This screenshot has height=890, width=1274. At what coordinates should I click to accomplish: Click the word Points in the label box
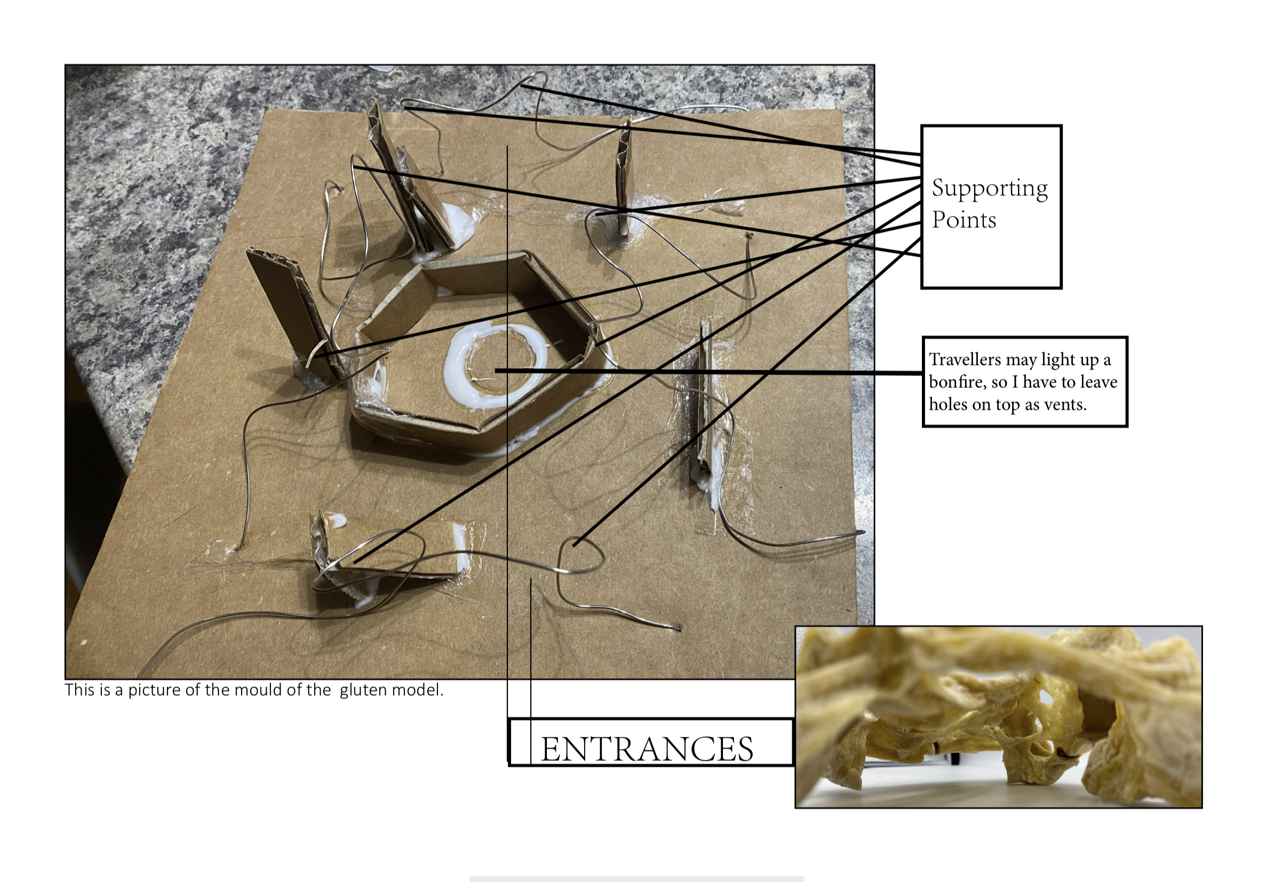964,220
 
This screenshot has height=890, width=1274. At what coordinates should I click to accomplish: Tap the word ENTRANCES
647,749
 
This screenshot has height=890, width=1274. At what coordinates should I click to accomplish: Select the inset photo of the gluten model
998,717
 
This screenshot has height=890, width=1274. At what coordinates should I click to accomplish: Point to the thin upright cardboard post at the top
624,178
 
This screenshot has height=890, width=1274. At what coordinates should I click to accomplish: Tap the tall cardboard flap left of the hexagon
293,314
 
